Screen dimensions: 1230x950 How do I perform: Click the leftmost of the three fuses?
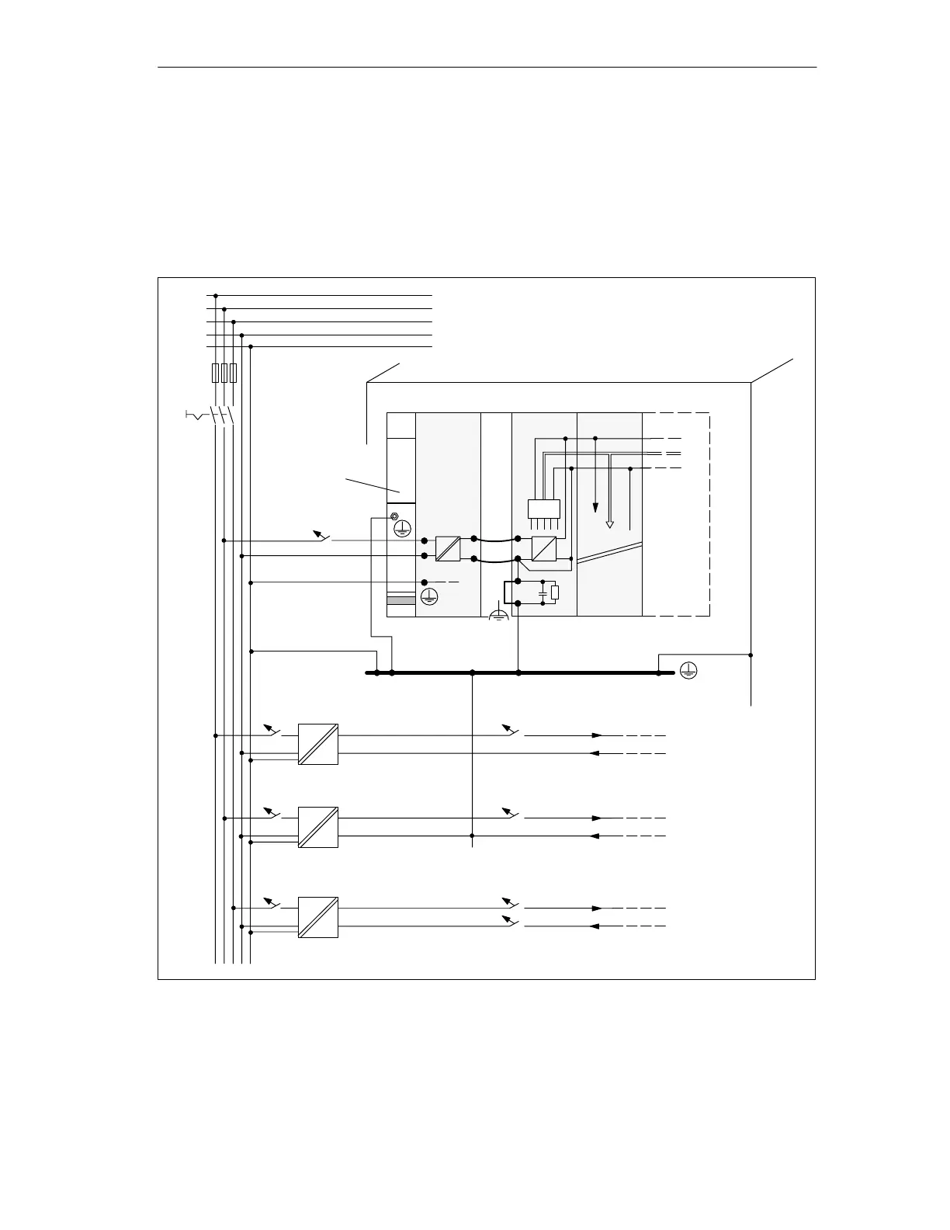tap(215, 373)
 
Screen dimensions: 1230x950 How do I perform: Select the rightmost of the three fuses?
tap(233, 373)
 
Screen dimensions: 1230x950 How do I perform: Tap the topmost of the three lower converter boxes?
tap(318, 744)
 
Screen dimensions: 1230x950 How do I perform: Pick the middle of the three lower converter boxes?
tap(318, 827)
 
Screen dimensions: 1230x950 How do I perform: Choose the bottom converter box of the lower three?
tap(318, 917)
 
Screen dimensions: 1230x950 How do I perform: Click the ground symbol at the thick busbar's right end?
tap(688, 672)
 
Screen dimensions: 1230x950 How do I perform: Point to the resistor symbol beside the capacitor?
tap(554, 593)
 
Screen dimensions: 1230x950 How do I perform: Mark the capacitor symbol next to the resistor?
tap(543, 593)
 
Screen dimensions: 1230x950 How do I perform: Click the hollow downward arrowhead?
tap(609, 524)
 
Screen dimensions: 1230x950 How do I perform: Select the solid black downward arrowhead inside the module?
tap(595, 508)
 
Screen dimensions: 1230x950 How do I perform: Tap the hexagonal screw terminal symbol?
tap(394, 516)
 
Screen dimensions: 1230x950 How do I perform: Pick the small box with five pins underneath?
tap(543, 509)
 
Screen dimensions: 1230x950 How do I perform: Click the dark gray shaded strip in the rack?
tap(401, 600)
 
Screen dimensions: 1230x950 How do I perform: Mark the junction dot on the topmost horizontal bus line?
tap(216, 295)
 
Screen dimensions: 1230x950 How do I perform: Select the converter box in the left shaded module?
tap(449, 549)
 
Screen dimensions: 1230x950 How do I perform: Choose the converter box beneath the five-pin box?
tap(544, 549)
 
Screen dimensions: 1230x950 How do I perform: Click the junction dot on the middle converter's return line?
tap(472, 836)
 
